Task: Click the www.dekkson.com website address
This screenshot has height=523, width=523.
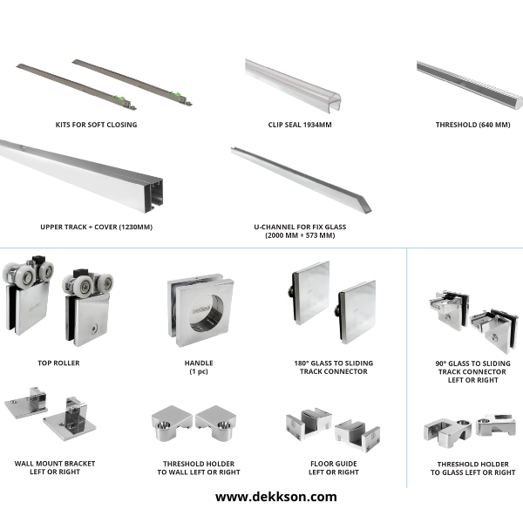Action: point(275,497)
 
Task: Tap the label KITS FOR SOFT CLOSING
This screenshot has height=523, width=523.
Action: point(96,125)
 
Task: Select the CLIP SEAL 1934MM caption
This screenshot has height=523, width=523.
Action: point(300,125)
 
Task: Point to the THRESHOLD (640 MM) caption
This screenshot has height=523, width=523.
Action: point(472,125)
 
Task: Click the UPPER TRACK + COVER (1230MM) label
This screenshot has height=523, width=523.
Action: point(96,228)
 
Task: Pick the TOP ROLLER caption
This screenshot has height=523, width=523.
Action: point(58,363)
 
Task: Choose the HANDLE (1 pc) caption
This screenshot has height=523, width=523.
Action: point(199,367)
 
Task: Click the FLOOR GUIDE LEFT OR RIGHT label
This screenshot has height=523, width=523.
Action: point(334,468)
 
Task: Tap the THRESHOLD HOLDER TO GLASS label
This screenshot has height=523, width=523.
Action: point(472,468)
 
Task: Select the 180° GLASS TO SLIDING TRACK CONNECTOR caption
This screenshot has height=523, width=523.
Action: point(334,367)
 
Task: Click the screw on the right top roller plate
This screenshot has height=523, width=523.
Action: point(94,329)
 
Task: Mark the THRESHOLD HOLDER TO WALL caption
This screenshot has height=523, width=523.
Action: point(199,468)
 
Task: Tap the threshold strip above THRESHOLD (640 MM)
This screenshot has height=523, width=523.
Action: point(470,85)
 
